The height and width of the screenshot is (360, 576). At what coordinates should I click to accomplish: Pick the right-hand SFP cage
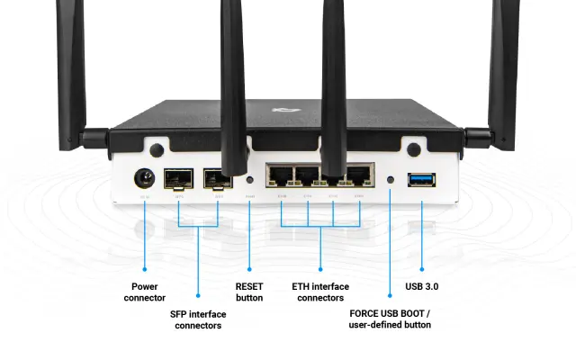click(x=216, y=177)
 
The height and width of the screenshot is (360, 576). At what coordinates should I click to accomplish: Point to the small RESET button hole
click(x=249, y=179)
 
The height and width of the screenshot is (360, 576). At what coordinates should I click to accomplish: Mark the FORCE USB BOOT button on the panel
click(x=390, y=179)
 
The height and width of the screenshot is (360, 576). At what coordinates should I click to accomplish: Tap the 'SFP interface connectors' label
click(x=198, y=319)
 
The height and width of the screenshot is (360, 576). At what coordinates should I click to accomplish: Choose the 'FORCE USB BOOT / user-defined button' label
click(x=390, y=319)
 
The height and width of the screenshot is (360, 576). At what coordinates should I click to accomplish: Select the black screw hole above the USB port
click(x=415, y=149)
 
